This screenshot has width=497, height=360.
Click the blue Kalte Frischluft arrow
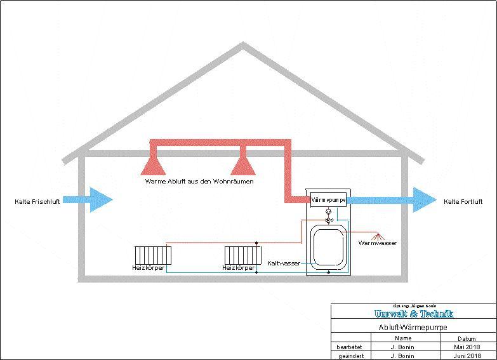click(x=89, y=200)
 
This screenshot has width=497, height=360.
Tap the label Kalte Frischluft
click(x=37, y=202)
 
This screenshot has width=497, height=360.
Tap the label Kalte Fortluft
click(x=463, y=202)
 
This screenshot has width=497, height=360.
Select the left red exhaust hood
click(x=152, y=164)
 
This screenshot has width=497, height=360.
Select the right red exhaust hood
click(x=242, y=164)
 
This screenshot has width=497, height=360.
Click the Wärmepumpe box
click(x=328, y=199)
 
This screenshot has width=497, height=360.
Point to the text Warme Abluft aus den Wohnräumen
click(x=199, y=182)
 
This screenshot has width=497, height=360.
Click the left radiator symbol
click(x=153, y=255)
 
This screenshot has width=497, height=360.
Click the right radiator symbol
click(x=243, y=255)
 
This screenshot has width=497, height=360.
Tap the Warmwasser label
click(x=377, y=243)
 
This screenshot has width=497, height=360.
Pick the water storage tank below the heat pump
click(x=328, y=247)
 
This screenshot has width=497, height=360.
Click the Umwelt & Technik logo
click(x=414, y=314)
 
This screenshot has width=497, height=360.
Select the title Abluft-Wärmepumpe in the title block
click(x=414, y=327)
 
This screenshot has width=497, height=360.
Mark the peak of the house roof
click(x=243, y=45)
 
